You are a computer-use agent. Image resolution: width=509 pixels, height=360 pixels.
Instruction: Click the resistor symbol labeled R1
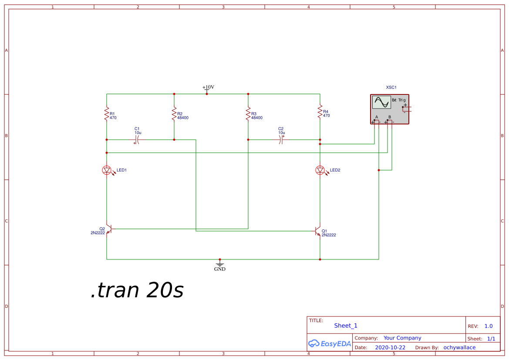[x=107, y=114]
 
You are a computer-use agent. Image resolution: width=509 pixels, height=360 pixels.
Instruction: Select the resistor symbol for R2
[x=174, y=114]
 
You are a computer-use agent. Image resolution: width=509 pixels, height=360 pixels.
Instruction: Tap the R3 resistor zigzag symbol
[x=248, y=114]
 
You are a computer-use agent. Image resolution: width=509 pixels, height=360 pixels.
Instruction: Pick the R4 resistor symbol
[x=320, y=111]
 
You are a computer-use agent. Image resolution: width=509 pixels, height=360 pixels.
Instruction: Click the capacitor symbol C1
[x=137, y=140]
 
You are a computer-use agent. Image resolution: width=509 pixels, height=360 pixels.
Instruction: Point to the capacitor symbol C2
[x=281, y=140]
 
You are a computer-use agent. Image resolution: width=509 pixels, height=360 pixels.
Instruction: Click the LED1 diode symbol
[x=108, y=170]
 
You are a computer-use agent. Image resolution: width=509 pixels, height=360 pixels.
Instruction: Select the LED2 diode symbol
[x=321, y=170]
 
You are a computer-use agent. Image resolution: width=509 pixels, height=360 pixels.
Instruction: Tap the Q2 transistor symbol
[x=109, y=229]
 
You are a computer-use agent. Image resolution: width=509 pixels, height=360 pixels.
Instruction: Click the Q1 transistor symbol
[x=318, y=231]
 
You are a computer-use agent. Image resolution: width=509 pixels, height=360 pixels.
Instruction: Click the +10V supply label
[x=208, y=87]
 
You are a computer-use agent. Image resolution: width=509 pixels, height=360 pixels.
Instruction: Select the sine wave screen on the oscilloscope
[x=381, y=102]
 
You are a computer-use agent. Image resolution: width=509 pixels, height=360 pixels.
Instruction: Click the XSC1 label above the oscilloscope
[x=391, y=87]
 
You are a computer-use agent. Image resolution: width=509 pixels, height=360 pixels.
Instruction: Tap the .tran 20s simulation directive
[x=137, y=289]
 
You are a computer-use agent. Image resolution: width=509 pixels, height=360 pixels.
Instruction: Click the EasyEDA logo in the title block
[x=330, y=343]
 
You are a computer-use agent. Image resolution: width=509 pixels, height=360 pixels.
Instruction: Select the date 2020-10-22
[x=390, y=347]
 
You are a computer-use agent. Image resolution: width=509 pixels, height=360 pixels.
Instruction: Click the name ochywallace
[x=459, y=347]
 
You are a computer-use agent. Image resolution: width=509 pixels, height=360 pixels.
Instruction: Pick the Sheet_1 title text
[x=346, y=326]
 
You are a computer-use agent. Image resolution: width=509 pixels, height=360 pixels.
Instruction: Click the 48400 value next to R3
[x=257, y=118]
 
